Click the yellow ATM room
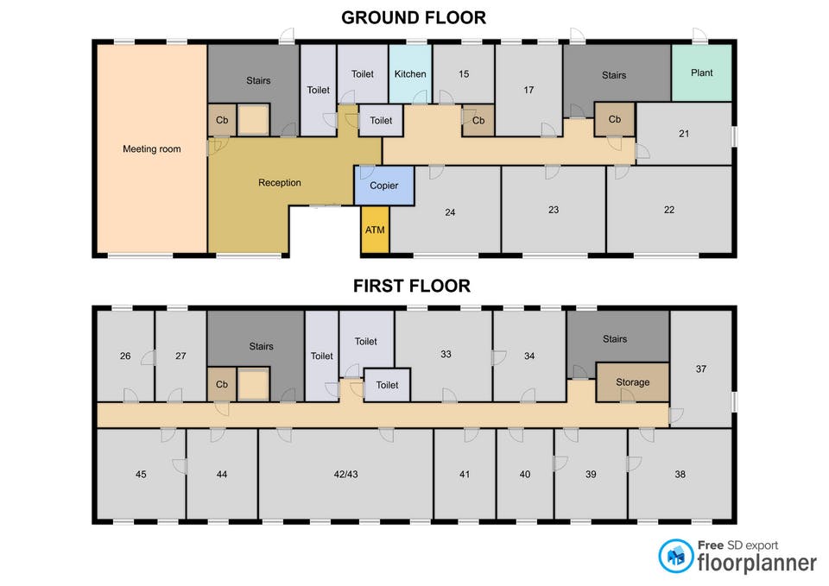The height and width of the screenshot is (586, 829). click(x=375, y=230)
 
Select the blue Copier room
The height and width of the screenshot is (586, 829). click(x=383, y=186)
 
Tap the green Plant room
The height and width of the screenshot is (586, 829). click(x=701, y=72)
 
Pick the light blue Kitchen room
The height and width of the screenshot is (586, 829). click(x=410, y=74)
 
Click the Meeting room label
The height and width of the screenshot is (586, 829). click(x=152, y=149)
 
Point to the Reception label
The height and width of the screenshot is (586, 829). click(x=280, y=183)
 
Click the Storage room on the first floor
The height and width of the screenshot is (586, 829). click(x=632, y=382)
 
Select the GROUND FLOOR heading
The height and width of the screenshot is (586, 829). click(x=414, y=17)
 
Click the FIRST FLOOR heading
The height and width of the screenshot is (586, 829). click(x=412, y=286)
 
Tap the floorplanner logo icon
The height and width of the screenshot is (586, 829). click(x=675, y=556)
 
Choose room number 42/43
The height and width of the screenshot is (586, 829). click(x=345, y=475)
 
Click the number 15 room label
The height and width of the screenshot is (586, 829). click(x=464, y=74)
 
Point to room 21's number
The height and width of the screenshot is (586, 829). click(x=684, y=134)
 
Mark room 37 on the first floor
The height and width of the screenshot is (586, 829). click(x=701, y=369)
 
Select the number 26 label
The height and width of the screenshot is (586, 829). click(x=125, y=356)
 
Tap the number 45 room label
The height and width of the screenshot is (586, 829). click(x=141, y=475)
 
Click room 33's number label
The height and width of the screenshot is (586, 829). click(x=446, y=354)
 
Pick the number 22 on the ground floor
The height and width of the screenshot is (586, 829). click(x=668, y=210)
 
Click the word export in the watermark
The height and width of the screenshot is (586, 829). click(x=761, y=545)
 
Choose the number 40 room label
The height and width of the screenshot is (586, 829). click(x=524, y=475)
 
